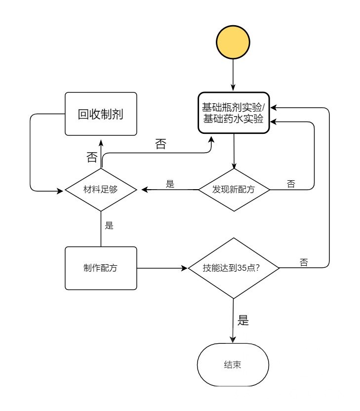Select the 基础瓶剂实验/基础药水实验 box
(234, 113)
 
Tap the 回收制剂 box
(101, 114)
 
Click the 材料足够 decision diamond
(101, 189)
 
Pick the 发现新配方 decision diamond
(234, 189)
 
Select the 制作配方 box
(101, 268)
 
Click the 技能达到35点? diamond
(234, 268)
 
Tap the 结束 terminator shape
(233, 365)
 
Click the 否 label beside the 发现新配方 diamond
(291, 184)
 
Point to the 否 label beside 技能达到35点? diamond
(304, 263)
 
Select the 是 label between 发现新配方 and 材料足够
(170, 184)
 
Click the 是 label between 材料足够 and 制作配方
(110, 226)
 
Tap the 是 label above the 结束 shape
(243, 320)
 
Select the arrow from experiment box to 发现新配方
(234, 151)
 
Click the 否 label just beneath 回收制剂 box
(92, 157)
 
